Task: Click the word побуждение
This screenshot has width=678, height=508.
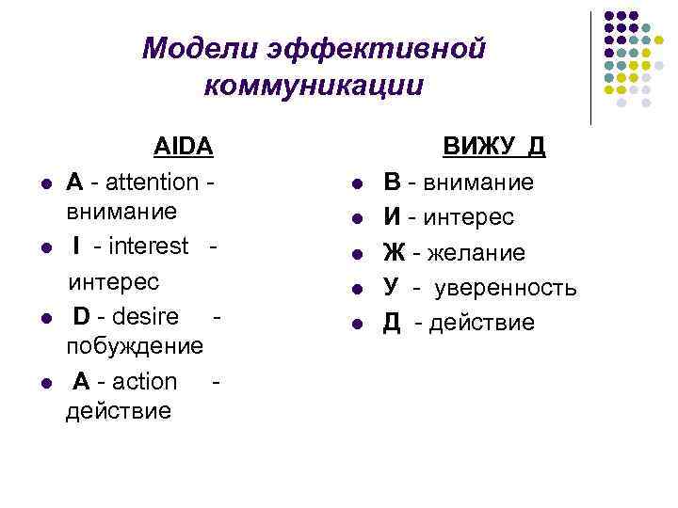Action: [135, 345]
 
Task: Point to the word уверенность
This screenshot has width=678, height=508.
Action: [505, 288]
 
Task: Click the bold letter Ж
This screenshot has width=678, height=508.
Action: [393, 253]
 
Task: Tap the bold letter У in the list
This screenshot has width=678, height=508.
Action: [390, 288]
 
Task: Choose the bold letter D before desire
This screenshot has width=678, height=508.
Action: [83, 313]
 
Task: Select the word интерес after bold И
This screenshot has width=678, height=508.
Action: [468, 217]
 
